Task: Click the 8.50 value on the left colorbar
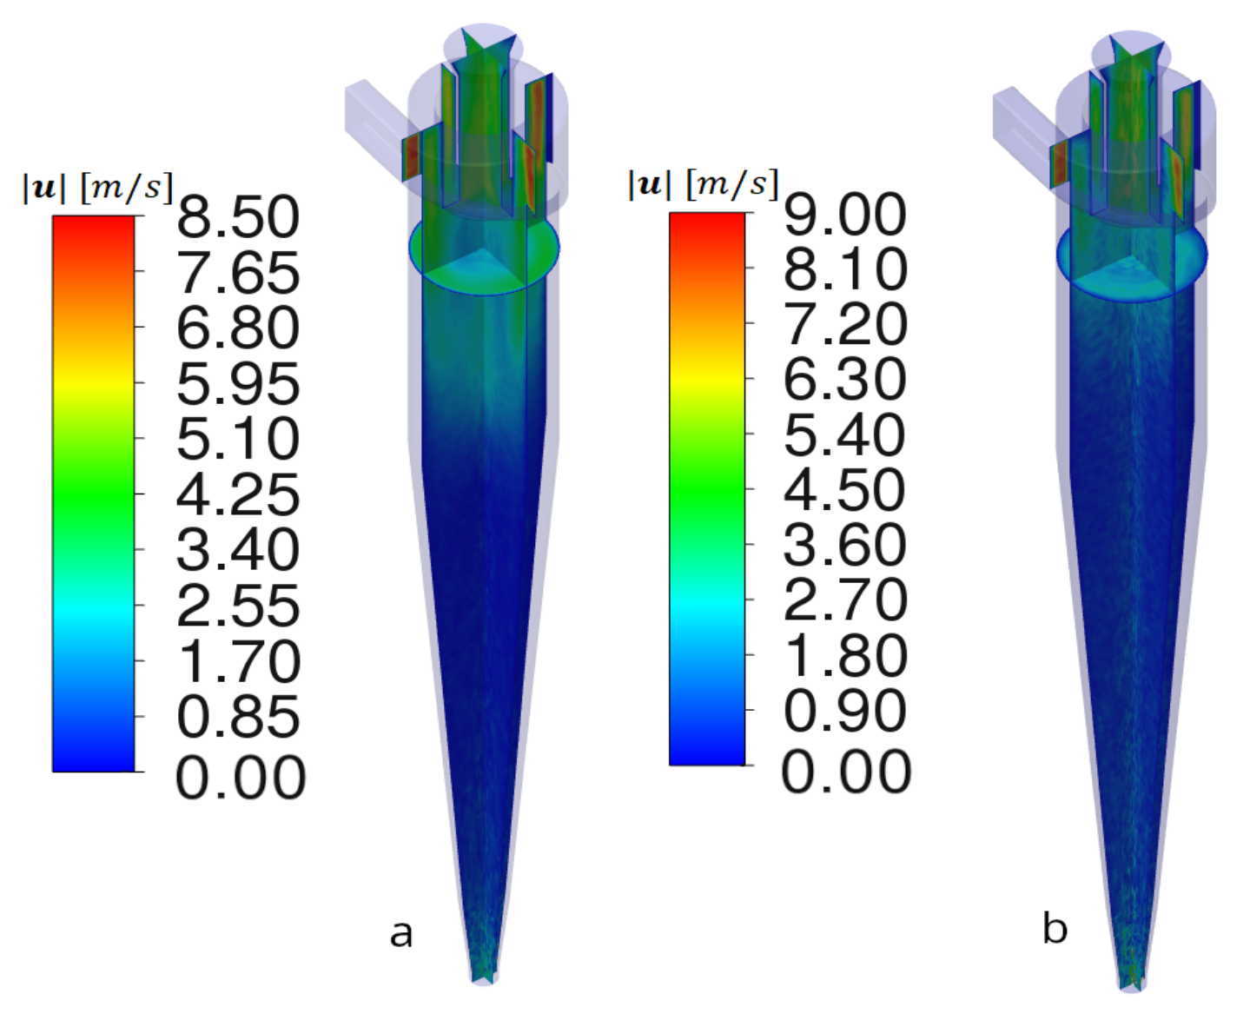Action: point(238,217)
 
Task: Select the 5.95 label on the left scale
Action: point(238,384)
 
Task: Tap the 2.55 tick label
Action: point(238,606)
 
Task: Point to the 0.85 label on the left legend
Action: point(238,717)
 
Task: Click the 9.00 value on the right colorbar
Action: point(845,215)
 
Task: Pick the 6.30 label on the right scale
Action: point(845,380)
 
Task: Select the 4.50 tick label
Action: point(845,490)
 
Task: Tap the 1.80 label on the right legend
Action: point(845,655)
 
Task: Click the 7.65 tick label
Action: point(238,272)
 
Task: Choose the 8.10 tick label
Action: point(845,269)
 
